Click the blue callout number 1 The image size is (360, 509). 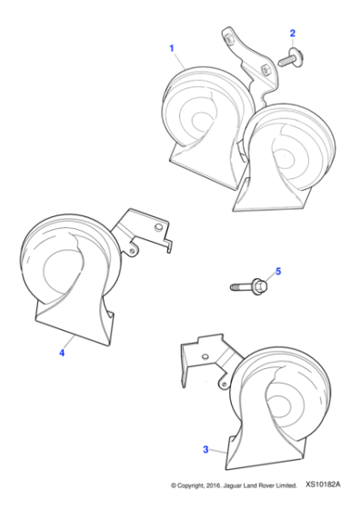(172, 48)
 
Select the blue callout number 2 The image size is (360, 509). (292, 33)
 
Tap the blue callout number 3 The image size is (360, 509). (205, 450)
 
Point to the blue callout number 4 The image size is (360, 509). (62, 353)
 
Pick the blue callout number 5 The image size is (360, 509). (278, 271)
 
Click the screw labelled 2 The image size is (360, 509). (291, 58)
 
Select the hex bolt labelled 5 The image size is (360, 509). (249, 286)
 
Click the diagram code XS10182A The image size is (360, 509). (323, 484)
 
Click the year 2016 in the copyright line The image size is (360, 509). (215, 485)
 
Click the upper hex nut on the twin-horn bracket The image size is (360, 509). (230, 39)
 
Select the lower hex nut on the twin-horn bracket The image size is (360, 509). (265, 69)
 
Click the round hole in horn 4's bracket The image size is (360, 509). (159, 227)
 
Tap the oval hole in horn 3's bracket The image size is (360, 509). (205, 356)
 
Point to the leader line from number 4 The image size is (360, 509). (69, 342)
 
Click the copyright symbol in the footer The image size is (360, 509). (174, 486)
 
